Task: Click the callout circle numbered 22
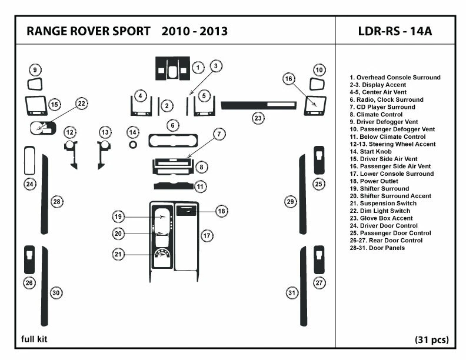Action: (x=82, y=104)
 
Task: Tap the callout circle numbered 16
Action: (x=288, y=78)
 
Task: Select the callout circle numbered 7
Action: (x=218, y=134)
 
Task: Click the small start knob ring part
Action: (x=134, y=144)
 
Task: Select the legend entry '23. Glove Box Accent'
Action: (x=381, y=218)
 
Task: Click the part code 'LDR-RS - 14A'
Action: (x=394, y=31)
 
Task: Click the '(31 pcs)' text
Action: (x=431, y=339)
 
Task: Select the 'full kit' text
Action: (x=34, y=339)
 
